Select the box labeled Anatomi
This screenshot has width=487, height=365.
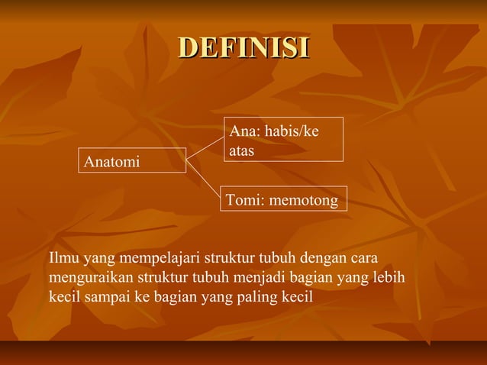(x=131, y=161)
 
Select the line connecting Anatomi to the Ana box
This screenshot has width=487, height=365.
(x=204, y=149)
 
